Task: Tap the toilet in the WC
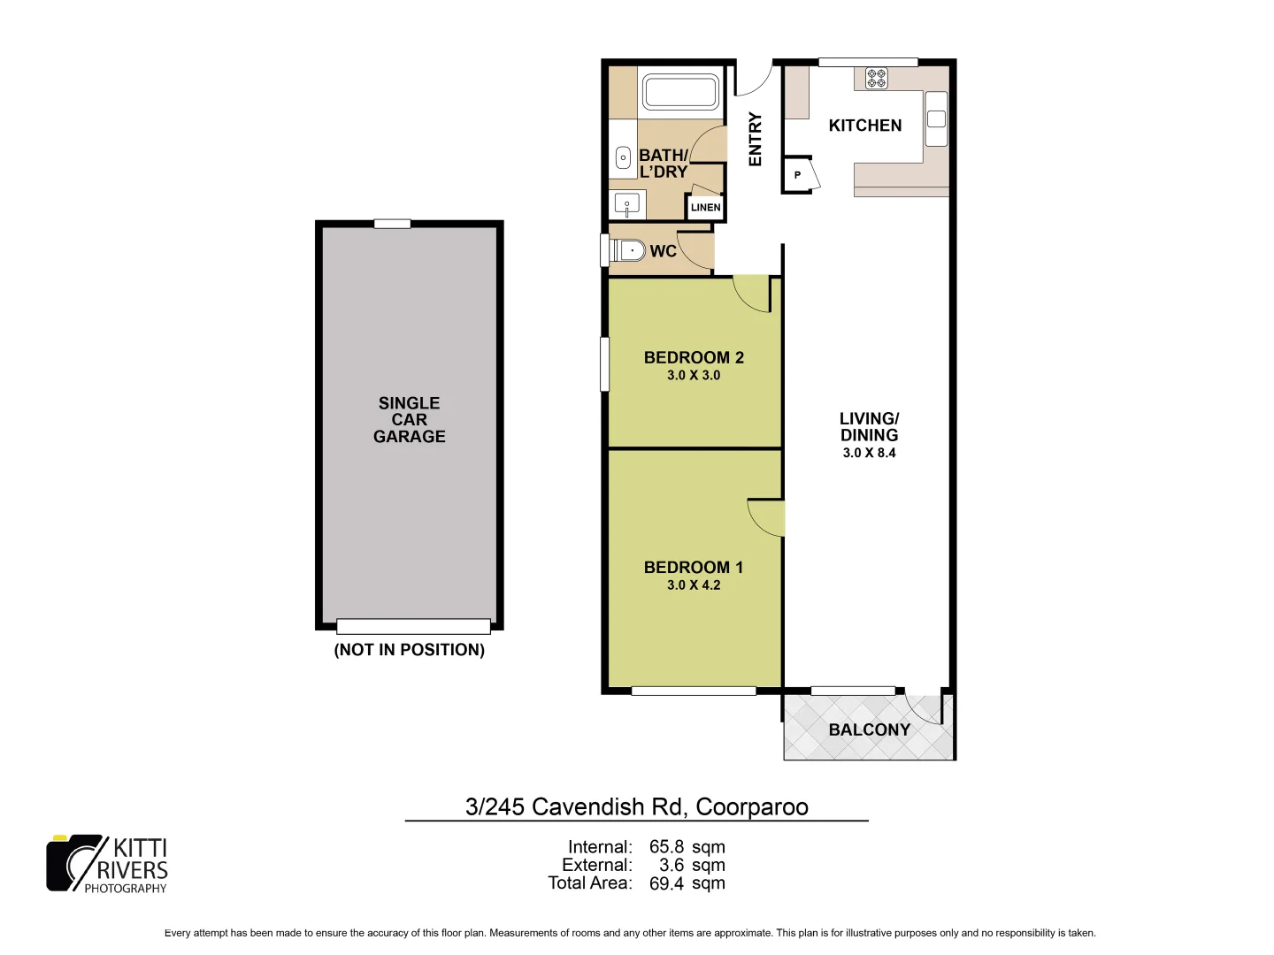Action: click(x=630, y=250)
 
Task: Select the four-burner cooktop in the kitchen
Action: click(x=876, y=79)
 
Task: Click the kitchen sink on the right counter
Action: click(x=936, y=118)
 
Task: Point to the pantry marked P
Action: click(x=798, y=175)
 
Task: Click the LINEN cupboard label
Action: click(x=705, y=208)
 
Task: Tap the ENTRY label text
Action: click(x=755, y=139)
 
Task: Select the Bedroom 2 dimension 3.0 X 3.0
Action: click(x=694, y=375)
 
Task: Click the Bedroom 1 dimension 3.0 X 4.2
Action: click(x=694, y=584)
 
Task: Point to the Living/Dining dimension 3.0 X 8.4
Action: click(x=870, y=453)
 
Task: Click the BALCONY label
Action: click(x=869, y=730)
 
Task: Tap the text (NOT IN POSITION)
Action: click(x=409, y=650)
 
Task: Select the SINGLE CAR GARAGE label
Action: click(x=409, y=419)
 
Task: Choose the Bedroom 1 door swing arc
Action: click(x=764, y=516)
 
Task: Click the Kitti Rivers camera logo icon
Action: click(x=73, y=863)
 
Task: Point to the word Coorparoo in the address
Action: click(x=751, y=806)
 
